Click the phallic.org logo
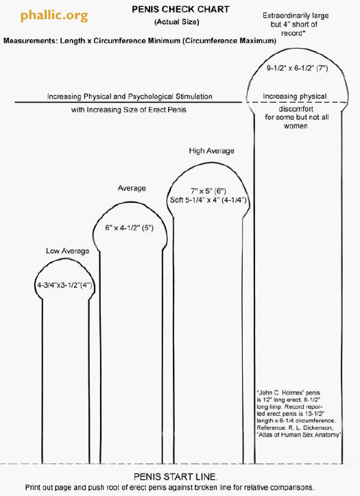(x=54, y=16)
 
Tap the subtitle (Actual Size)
(x=177, y=22)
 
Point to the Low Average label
(x=67, y=251)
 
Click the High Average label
(x=211, y=151)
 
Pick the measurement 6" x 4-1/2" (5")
(x=129, y=227)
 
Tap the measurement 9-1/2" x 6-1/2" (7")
(x=298, y=68)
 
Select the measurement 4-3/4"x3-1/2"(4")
(x=64, y=285)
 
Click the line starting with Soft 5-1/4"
(x=208, y=200)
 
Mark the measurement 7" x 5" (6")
(x=208, y=191)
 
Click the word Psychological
(x=149, y=97)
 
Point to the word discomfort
(x=296, y=109)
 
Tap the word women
(x=296, y=126)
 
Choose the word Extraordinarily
(x=283, y=16)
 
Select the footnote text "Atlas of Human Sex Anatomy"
(x=299, y=435)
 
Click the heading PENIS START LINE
(x=176, y=477)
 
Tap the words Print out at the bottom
(x=38, y=488)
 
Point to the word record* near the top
(x=293, y=33)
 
